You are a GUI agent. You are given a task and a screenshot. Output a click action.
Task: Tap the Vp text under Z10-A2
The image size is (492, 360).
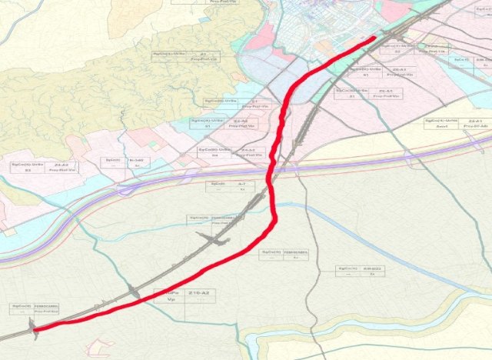point(171,301)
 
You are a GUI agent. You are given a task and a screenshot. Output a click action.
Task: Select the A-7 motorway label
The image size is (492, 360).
point(241,185)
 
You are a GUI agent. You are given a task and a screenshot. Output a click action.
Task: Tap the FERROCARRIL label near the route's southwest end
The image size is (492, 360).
point(46,307)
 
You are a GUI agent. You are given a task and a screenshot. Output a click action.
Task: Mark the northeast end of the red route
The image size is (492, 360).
point(374,37)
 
